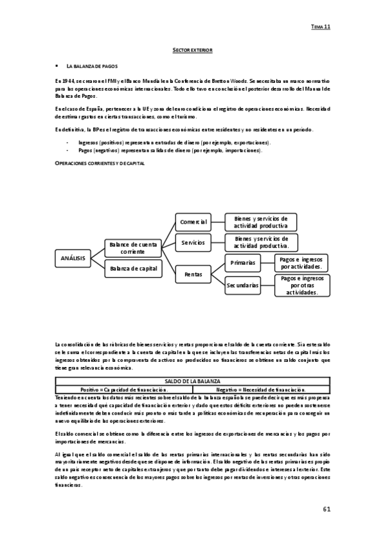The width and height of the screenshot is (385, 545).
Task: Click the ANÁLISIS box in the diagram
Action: pos(73,258)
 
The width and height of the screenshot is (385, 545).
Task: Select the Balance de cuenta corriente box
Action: pos(132,248)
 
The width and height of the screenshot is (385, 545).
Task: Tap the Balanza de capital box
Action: pos(132,268)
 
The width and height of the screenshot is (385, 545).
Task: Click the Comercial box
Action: pos(193,222)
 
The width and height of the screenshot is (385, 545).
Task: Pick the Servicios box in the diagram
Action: pos(193,242)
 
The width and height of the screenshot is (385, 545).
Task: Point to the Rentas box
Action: pos(193,274)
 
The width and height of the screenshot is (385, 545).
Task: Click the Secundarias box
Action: pos(242,283)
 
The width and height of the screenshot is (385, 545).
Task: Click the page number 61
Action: pos(327,510)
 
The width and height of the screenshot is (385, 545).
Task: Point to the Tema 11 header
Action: pos(320,28)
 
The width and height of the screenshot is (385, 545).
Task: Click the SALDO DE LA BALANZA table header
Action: pos(192,382)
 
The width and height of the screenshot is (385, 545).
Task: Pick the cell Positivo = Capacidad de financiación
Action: pos(124,389)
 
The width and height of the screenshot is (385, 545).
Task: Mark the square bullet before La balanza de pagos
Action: pos(57,66)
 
